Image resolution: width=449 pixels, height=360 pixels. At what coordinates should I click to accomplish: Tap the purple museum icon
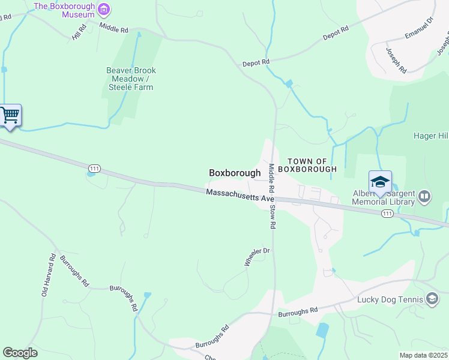point(104,8)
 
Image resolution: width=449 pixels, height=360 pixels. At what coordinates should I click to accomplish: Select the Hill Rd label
point(79,32)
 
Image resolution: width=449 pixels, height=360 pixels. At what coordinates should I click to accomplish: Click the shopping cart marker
point(10,115)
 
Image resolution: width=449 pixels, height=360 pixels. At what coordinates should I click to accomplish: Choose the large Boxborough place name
point(235,173)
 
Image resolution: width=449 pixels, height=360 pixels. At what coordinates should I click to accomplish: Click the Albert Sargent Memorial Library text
point(384,197)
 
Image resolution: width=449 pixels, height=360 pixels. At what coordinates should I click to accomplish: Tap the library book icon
point(424,196)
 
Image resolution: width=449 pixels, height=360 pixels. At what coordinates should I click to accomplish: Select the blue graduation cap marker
point(380,182)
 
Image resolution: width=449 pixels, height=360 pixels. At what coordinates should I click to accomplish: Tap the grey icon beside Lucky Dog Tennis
point(432,299)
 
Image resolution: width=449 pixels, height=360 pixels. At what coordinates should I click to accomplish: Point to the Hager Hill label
point(430,136)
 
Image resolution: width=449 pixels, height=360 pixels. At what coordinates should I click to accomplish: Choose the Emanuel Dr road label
point(418,29)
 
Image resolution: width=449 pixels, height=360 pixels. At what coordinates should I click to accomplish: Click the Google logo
point(20,353)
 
